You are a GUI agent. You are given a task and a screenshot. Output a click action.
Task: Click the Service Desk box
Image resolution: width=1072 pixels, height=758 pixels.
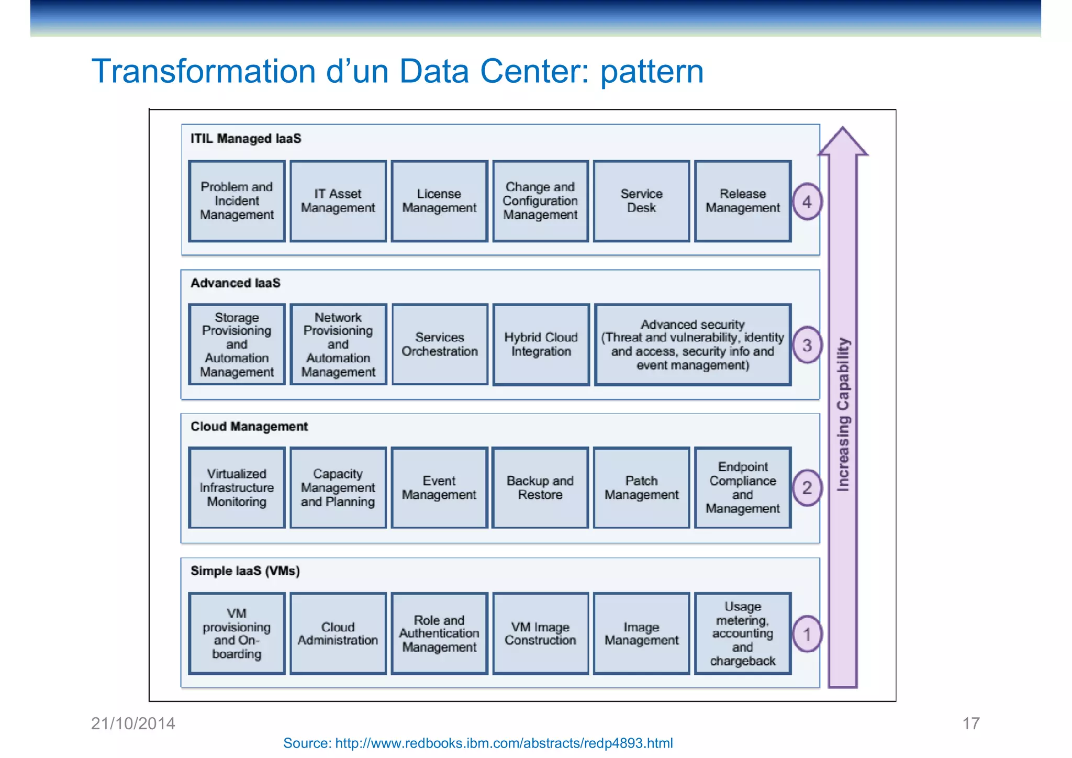click(641, 201)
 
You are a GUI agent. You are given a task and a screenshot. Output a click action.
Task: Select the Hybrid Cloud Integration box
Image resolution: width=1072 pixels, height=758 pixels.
click(541, 344)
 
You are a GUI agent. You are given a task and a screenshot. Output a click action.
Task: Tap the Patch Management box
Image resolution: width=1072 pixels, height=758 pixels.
click(641, 487)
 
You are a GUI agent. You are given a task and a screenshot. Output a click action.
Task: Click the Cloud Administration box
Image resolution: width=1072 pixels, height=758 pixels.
click(338, 633)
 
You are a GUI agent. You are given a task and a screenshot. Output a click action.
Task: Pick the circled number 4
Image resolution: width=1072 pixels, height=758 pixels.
click(807, 202)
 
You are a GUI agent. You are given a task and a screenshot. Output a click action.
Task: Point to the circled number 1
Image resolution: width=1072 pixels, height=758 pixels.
click(807, 634)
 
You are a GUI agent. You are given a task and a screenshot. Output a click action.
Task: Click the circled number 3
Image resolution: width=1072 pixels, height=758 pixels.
click(807, 345)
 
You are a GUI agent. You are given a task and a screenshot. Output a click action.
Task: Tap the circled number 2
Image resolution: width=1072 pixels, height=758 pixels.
click(807, 488)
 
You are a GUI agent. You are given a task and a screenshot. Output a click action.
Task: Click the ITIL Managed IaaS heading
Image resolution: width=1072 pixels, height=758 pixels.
click(245, 139)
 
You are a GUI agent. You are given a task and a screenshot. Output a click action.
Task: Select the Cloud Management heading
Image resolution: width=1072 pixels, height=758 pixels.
click(249, 427)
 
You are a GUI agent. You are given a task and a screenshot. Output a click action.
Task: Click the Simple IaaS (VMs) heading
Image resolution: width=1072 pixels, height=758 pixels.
click(245, 571)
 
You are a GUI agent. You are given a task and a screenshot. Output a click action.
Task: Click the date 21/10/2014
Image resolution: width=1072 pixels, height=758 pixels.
click(133, 723)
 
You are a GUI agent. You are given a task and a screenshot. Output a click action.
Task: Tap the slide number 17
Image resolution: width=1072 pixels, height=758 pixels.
click(970, 723)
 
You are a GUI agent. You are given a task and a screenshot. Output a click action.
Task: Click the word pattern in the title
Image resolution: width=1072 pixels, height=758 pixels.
click(652, 71)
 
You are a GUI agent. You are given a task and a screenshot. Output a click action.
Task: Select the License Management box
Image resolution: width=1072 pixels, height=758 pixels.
click(439, 201)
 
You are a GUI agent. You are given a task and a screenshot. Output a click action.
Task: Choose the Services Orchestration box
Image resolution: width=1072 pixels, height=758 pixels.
click(440, 344)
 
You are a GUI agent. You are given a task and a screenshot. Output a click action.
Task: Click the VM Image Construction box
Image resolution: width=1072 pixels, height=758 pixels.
click(540, 633)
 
